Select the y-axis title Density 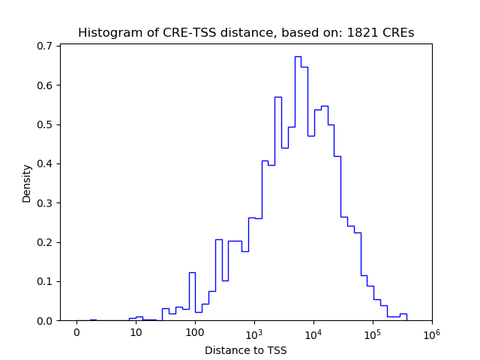coord(27,183)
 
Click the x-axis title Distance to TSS coord(246,350)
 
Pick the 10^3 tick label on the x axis coord(253,332)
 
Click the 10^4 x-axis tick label coord(313,332)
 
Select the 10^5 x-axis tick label coord(372,332)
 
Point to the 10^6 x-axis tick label coord(431,332)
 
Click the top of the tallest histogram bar coord(298,56)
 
